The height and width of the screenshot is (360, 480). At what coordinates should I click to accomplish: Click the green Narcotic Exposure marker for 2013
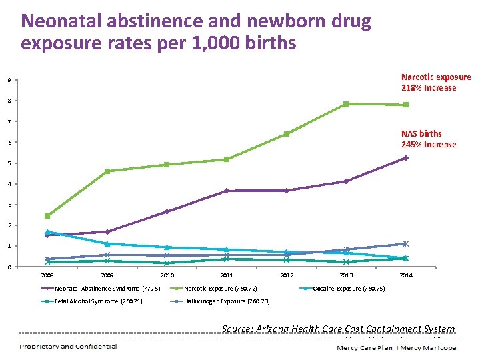346,104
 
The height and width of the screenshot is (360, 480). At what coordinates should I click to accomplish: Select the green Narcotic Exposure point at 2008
47,216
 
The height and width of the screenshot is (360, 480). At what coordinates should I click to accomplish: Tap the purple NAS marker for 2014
405,158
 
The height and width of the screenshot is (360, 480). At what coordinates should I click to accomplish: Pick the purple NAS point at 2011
227,191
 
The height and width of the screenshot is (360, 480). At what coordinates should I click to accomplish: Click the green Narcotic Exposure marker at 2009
107,171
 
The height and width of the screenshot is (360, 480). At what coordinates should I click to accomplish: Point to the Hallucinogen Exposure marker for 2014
405,244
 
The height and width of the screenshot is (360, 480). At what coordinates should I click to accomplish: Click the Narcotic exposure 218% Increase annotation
435,83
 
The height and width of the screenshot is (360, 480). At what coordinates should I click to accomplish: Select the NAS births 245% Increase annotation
429,139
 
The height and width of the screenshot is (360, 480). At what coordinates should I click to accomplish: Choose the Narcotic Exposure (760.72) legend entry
220,289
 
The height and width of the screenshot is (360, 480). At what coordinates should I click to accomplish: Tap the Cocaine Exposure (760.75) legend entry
348,289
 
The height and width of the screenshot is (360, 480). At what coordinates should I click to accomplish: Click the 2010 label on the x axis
167,275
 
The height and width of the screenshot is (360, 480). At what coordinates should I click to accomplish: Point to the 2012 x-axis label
287,275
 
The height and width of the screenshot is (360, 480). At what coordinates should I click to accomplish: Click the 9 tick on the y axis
9,81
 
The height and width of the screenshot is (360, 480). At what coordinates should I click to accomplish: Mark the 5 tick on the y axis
9,163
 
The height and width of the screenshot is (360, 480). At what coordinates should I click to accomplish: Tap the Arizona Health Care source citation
338,329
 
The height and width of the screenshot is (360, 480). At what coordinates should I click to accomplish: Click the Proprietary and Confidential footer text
69,346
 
